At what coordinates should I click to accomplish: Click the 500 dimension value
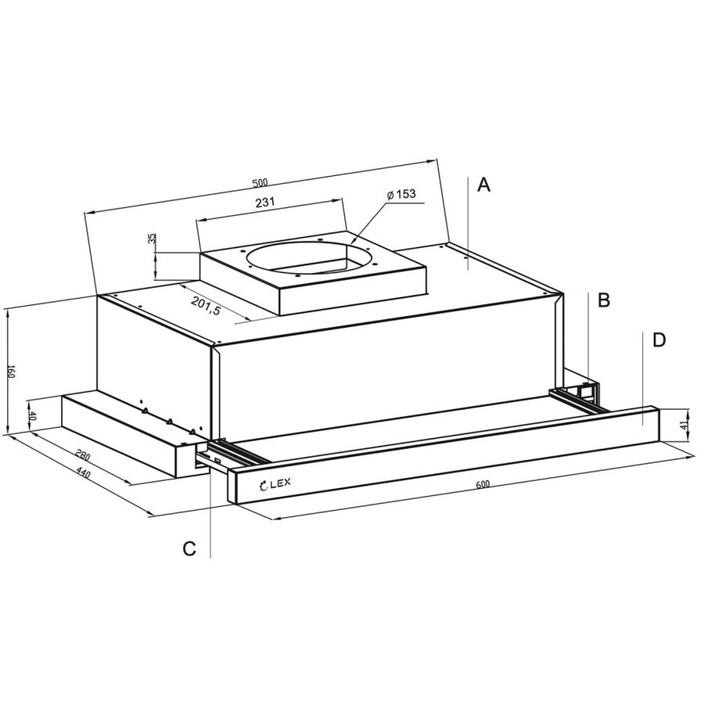click(260, 183)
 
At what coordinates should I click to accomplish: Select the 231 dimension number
click(265, 202)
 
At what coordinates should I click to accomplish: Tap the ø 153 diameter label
click(401, 194)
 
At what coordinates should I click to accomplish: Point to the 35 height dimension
click(153, 238)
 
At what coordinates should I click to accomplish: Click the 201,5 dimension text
click(206, 306)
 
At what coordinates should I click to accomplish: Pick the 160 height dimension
click(12, 372)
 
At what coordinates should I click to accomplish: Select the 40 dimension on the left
click(32, 415)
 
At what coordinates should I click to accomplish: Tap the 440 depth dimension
click(84, 472)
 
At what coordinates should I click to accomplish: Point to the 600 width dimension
click(482, 484)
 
